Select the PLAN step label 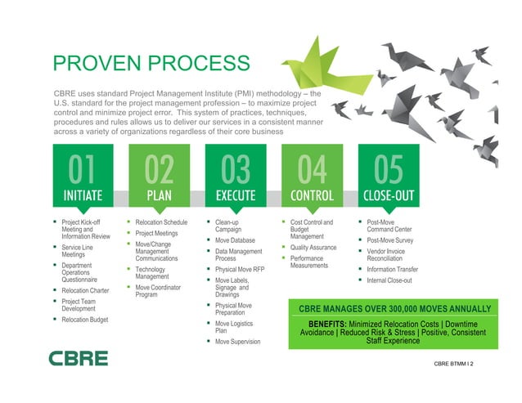[x=159, y=196]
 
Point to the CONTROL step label [x=312, y=196]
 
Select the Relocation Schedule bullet [x=161, y=222]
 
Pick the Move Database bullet [x=236, y=241]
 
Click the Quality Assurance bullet [x=313, y=248]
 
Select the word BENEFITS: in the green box [x=333, y=325]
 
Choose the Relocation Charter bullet [x=86, y=290]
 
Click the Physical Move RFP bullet [x=240, y=269]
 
